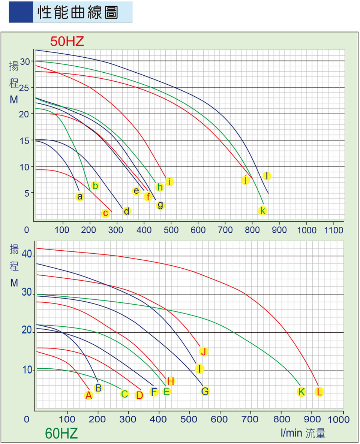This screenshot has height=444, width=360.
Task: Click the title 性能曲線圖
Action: (78, 12)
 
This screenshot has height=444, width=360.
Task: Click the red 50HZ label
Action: (67, 42)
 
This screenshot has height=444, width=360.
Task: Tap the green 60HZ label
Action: (61, 434)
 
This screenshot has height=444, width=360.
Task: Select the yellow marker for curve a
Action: (79, 196)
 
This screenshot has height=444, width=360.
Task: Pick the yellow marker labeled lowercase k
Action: (263, 211)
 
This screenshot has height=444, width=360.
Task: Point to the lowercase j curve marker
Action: (245, 180)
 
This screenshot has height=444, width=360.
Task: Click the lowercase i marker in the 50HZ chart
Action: (169, 182)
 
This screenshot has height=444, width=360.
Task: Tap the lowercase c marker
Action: (105, 214)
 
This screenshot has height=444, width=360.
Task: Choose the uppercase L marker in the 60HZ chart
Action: (319, 392)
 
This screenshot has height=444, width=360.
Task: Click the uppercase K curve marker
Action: (301, 392)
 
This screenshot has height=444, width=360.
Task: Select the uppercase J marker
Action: (204, 351)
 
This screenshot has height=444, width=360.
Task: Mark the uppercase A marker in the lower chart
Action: (88, 395)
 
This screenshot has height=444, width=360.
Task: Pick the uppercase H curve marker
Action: (171, 381)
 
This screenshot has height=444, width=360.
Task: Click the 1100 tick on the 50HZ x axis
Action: (333, 230)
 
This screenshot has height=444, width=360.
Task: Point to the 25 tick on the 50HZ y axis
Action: (24, 87)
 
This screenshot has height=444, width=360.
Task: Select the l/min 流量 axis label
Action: (303, 434)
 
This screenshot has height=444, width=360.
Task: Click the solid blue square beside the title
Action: (21, 12)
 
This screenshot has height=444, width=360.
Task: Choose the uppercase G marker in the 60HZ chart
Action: (205, 392)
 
